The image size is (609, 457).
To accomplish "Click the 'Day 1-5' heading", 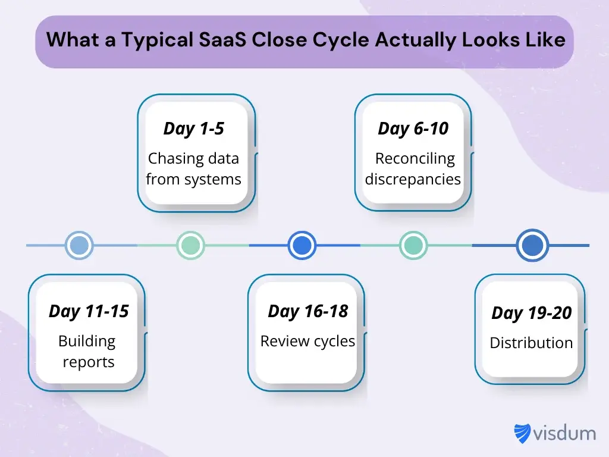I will (193, 129).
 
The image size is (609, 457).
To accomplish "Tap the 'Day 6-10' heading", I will (413, 129).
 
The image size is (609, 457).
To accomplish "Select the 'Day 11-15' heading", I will (89, 311).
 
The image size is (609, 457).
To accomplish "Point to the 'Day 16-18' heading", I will (307, 311).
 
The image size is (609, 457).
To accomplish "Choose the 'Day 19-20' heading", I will (531, 314).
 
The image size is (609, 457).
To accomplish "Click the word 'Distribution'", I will (531, 343).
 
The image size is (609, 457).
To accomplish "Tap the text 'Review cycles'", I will (307, 342).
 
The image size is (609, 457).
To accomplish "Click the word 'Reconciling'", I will (415, 159).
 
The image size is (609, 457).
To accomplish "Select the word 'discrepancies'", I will (413, 179).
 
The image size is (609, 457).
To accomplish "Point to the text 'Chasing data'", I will (193, 159).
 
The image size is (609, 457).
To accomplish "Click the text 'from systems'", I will (193, 179).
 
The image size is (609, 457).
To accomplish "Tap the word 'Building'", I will (87, 342).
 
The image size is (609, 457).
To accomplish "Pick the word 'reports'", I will (89, 362).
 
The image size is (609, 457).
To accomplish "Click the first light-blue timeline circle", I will (79, 245).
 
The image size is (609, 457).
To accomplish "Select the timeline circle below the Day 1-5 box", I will (190, 245).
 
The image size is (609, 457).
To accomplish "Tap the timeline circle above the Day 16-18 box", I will (302, 245).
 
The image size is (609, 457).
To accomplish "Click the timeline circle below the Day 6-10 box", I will (413, 245).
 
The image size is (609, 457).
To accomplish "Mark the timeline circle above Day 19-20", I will (532, 245).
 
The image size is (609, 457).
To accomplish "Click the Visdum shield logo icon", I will (523, 433).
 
